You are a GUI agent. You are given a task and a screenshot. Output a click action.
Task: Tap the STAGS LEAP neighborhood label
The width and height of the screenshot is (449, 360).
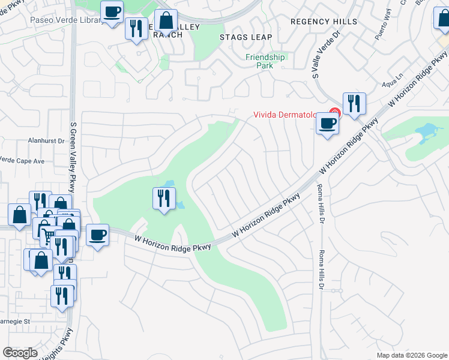tap(246, 37)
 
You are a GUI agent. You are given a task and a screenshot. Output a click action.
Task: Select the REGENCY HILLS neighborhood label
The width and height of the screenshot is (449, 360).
tap(324, 22)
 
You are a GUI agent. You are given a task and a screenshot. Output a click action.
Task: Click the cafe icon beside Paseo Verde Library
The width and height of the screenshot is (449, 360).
tap(112, 11)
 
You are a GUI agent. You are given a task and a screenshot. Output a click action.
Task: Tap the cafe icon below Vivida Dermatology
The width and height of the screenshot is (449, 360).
tap(327, 122)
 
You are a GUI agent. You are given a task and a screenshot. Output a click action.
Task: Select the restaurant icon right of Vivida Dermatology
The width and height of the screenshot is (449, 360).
tap(354, 103)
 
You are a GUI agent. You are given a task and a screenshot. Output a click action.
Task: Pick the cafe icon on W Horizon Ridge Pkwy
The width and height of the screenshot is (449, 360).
tap(98, 234)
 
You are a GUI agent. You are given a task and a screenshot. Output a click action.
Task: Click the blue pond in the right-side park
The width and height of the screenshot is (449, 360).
tap(427, 130)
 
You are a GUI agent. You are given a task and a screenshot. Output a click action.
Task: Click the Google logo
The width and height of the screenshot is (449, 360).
tap(20, 352)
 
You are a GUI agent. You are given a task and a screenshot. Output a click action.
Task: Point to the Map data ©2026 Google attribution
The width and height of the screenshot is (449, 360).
tap(411, 355)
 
